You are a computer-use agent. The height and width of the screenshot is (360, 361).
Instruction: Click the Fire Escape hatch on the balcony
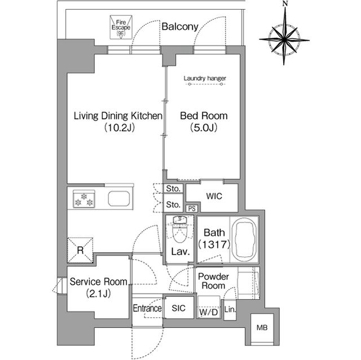121,27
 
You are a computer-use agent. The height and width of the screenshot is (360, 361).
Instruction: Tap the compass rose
284,39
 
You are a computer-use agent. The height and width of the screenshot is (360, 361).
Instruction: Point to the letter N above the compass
285,3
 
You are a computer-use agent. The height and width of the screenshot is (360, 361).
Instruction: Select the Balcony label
180,26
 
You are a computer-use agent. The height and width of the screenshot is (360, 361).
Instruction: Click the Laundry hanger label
205,78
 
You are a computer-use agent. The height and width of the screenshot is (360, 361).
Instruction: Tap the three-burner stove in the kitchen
84,199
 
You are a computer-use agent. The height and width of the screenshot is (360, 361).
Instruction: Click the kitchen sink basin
119,198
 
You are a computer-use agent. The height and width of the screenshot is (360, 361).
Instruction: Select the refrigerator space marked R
80,250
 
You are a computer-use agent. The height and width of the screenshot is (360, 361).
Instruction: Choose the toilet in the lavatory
180,229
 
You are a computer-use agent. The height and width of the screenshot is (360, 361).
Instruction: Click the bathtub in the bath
244,239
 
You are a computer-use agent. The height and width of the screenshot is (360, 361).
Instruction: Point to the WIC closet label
214,196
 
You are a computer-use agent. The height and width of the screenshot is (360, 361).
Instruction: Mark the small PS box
192,208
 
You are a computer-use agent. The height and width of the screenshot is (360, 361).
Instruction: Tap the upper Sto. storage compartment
173,189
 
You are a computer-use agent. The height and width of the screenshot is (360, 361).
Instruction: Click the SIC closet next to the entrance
178,308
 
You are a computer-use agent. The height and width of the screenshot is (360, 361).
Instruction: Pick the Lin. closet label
230,309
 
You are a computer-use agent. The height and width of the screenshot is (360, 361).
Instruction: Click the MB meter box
262,328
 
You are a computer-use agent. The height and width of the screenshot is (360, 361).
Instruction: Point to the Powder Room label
213,281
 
